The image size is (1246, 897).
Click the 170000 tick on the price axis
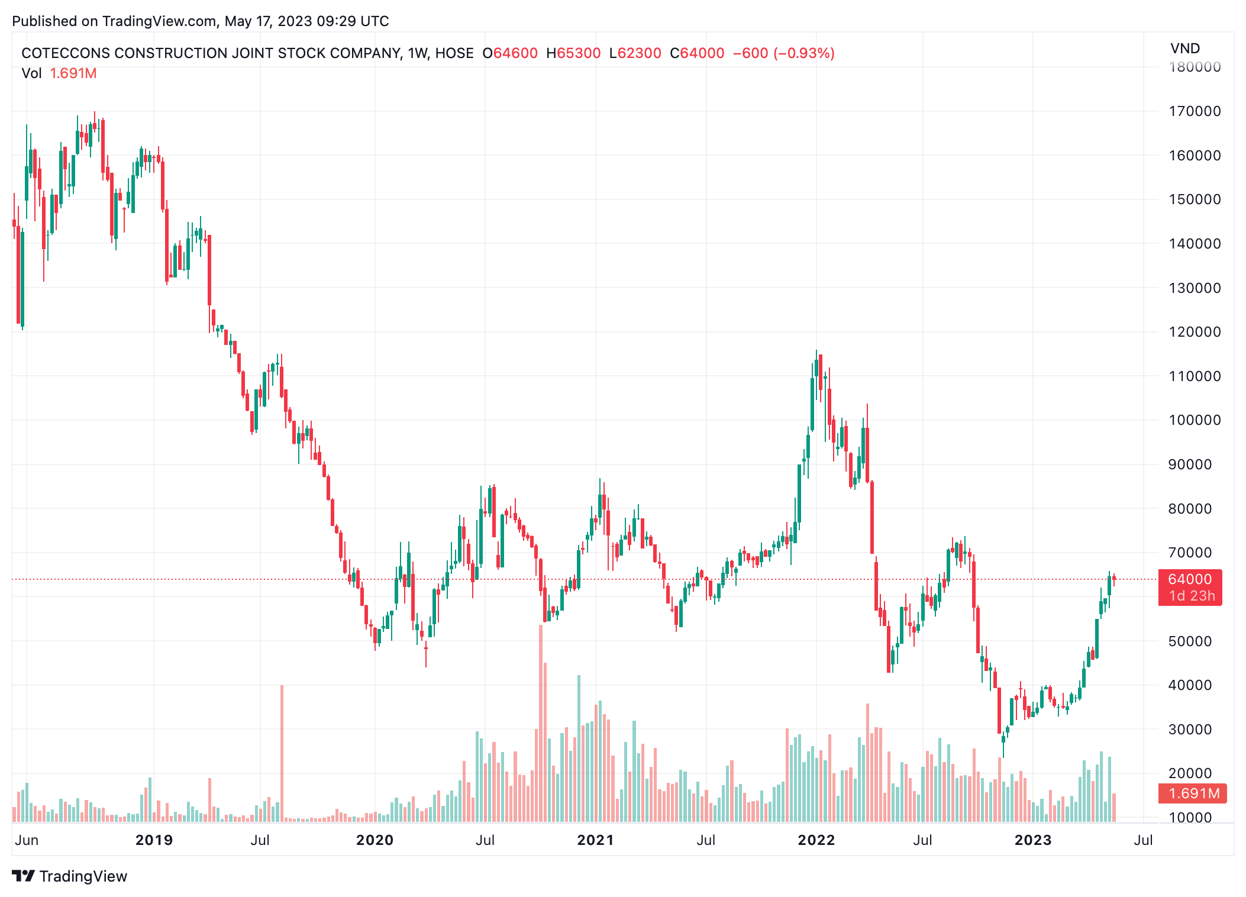[1194, 111]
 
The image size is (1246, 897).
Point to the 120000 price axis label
[1194, 332]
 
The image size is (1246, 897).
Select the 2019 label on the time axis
[154, 840]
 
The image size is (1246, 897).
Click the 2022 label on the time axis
[816, 840]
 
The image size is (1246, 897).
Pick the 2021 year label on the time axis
[595, 840]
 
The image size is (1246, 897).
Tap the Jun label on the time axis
[27, 840]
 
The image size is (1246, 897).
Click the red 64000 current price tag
[1190, 580]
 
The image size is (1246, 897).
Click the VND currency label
[1184, 49]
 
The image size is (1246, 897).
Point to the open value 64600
[515, 53]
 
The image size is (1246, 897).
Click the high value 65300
[579, 53]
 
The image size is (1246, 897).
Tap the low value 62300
[639, 53]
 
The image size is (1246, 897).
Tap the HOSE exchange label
[454, 53]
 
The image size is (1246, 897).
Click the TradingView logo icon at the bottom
[24, 876]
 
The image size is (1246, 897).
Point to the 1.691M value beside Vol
[73, 73]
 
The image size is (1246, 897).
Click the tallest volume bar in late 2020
[541, 722]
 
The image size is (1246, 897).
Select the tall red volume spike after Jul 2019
[282, 751]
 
